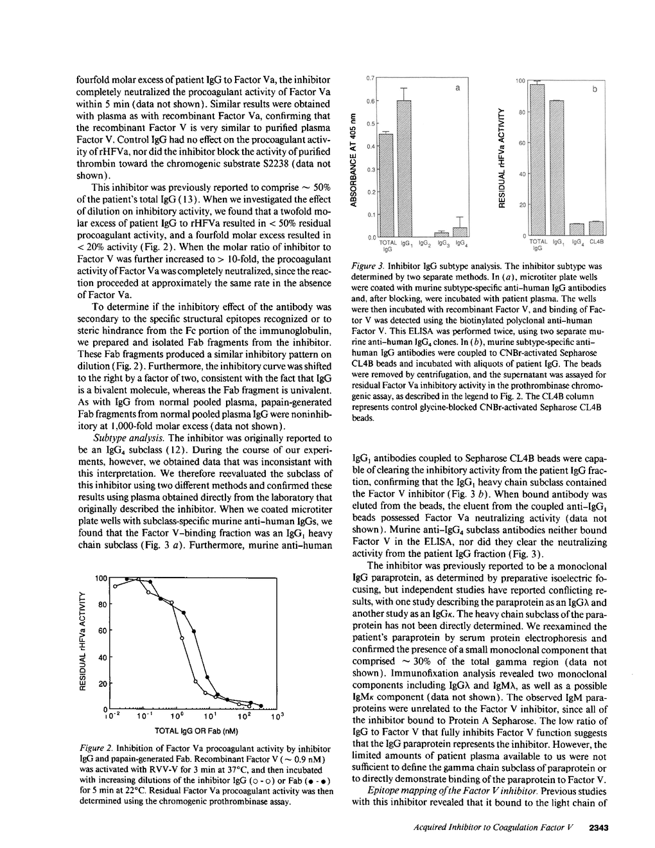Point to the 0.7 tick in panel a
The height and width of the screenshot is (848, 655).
[370, 78]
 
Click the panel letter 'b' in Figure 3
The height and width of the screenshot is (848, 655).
[595, 91]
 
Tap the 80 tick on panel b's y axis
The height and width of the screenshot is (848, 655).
[522, 112]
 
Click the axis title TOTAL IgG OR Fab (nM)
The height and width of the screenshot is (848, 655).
[197, 730]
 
